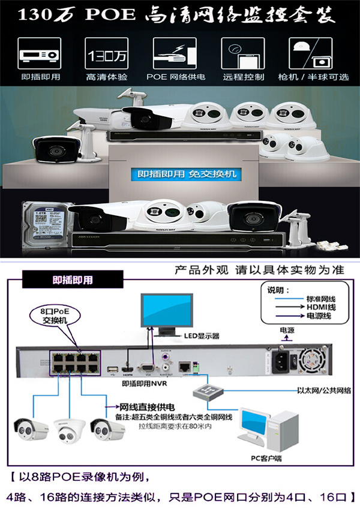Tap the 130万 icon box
point(107,55)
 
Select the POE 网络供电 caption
point(175,77)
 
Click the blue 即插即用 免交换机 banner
point(187,174)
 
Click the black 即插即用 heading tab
point(73,279)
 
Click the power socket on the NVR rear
point(282,360)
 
